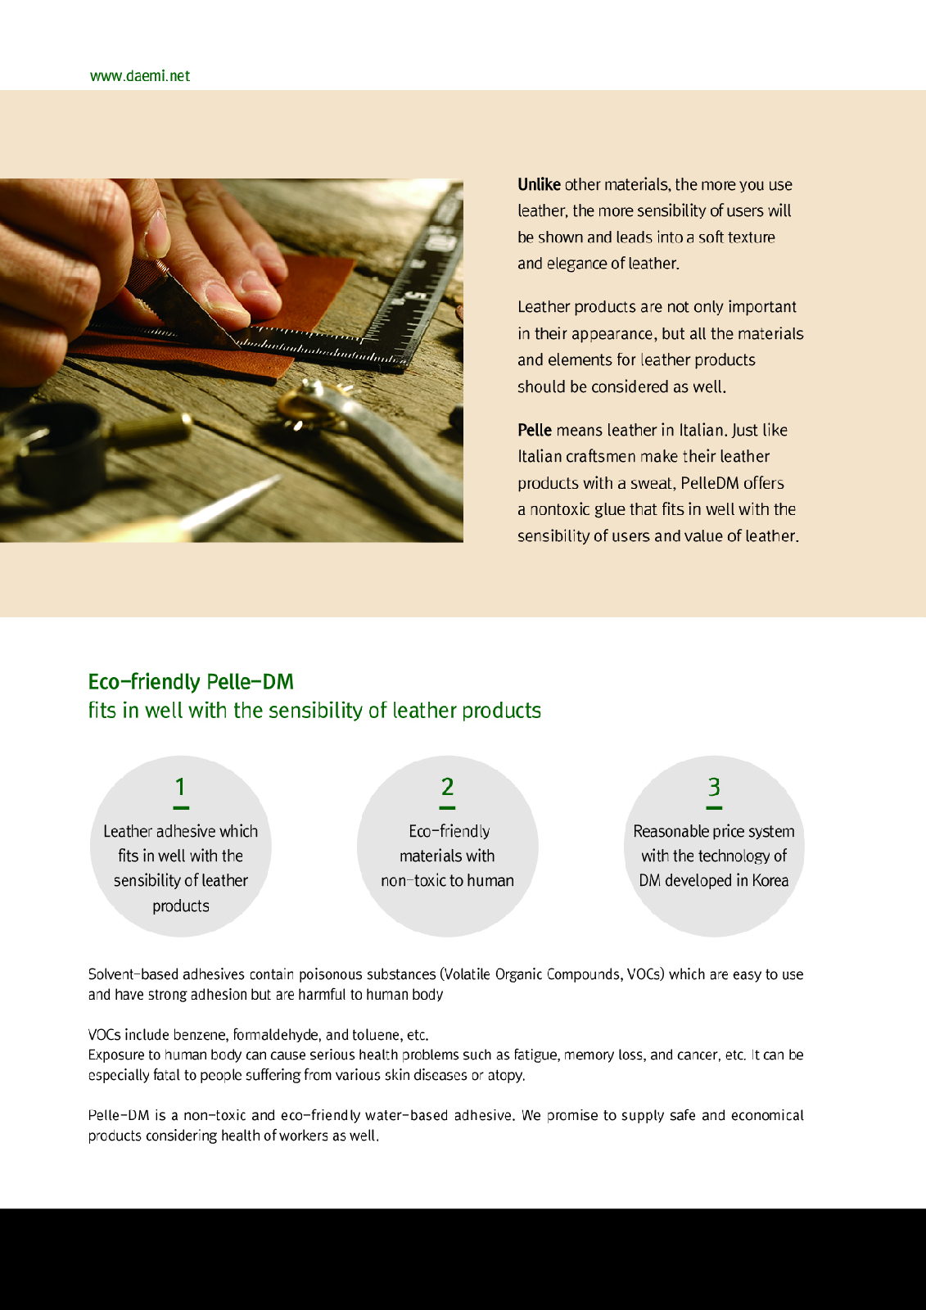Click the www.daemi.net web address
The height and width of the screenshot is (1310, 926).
[140, 76]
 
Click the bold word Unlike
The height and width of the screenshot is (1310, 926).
[539, 185]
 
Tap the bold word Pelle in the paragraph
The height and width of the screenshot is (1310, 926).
[534, 431]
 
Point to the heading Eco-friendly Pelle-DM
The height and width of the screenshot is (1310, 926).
[191, 682]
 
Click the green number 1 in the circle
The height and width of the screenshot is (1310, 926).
[181, 787]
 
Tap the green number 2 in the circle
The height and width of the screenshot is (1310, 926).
[448, 787]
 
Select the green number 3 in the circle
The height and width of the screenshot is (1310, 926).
[714, 787]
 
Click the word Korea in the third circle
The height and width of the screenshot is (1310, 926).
[770, 881]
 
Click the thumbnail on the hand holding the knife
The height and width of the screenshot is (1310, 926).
[156, 235]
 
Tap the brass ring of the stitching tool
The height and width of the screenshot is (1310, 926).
[301, 404]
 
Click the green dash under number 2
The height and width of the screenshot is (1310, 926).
[447, 808]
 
